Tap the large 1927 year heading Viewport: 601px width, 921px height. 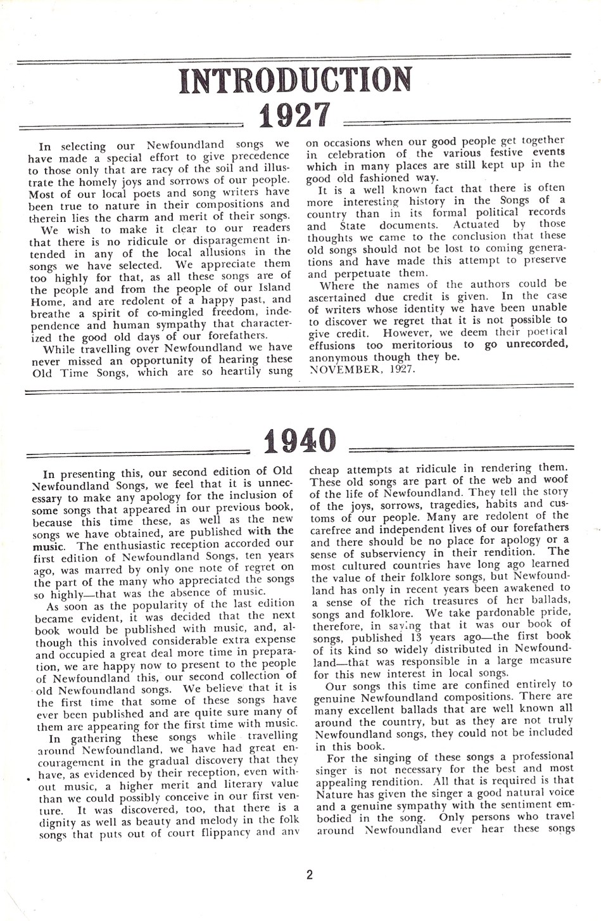[294, 115]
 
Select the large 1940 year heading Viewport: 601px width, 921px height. [298, 441]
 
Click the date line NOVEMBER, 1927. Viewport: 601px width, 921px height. [362, 368]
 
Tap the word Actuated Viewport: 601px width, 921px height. [475, 224]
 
